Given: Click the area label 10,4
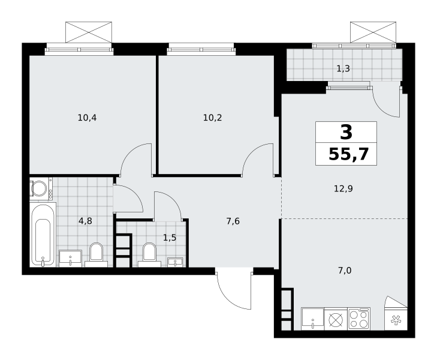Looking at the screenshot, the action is coord(87,118).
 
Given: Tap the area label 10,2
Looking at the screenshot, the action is coord(212,118).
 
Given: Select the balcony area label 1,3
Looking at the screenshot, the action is coord(343,68).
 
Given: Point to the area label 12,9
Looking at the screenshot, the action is coord(343,189).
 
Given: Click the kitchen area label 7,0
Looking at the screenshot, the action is coord(345,271).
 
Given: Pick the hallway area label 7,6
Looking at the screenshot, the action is coord(233,221).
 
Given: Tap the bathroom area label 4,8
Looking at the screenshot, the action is coord(85,221).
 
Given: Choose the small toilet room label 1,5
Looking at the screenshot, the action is coord(170,238).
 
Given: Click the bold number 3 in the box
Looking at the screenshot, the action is coord(346,132).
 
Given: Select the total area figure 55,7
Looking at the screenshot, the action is coord(349,154).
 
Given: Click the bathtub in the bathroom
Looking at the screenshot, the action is coord(43,235).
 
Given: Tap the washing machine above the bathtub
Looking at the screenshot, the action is coord(41,188).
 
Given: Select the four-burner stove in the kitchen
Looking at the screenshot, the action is coord(359,319).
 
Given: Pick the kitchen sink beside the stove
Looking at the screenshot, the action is coord(313,319).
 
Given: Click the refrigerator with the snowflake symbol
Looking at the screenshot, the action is coord(396,319).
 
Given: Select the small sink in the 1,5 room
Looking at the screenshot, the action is coord(175,262).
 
